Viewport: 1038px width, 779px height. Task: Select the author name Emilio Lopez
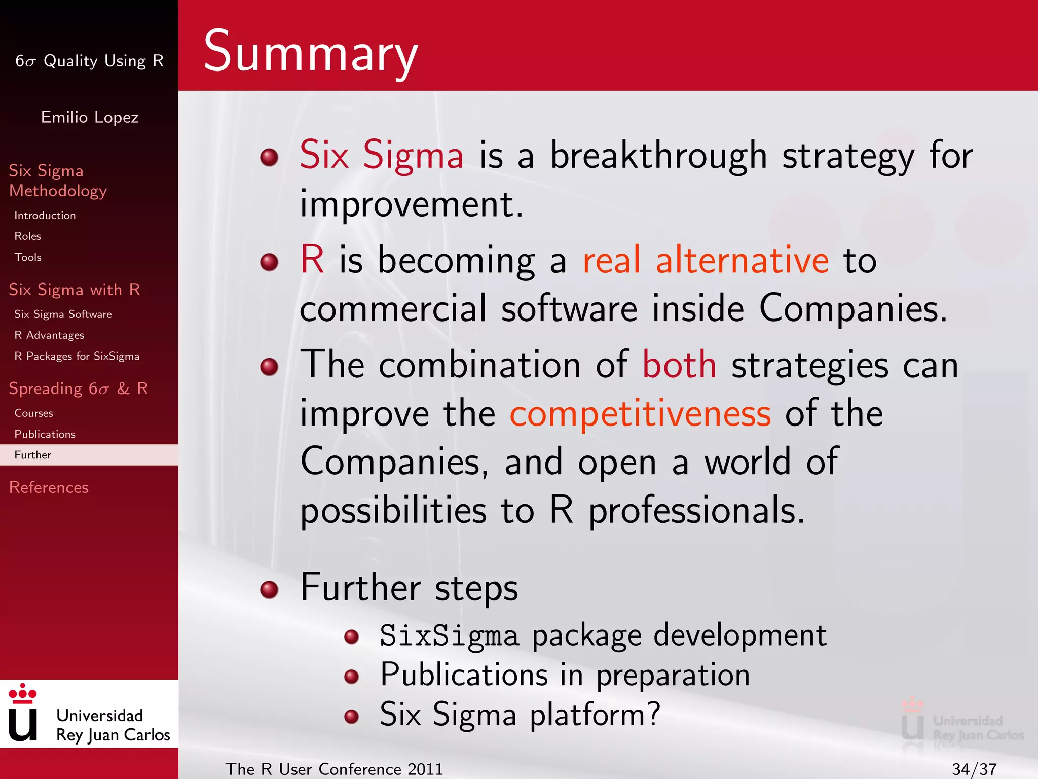pyautogui.click(x=90, y=117)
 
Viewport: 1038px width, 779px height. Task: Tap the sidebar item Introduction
pyautogui.click(x=45, y=216)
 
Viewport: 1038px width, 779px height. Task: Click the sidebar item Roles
pyautogui.click(x=28, y=236)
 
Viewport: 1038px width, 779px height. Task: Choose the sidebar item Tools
pyautogui.click(x=28, y=257)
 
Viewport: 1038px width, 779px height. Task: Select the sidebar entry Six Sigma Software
pyautogui.click(x=63, y=314)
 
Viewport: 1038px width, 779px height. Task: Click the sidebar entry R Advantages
pyautogui.click(x=49, y=335)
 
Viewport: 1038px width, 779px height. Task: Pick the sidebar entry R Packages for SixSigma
pyautogui.click(x=77, y=356)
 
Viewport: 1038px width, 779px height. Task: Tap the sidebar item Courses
pyautogui.click(x=33, y=413)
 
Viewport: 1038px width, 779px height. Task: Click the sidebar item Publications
pyautogui.click(x=45, y=434)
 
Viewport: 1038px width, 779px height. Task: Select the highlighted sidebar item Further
pyautogui.click(x=33, y=455)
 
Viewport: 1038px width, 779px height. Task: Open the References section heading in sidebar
pyautogui.click(x=49, y=487)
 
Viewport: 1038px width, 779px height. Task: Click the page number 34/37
pyautogui.click(x=974, y=769)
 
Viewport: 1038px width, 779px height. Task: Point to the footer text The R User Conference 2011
pyautogui.click(x=334, y=769)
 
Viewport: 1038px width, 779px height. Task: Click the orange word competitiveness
pyautogui.click(x=640, y=414)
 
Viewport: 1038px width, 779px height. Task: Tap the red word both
pyautogui.click(x=679, y=365)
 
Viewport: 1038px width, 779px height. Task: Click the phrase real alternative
pyautogui.click(x=706, y=260)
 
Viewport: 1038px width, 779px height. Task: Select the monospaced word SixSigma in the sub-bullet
pyautogui.click(x=450, y=636)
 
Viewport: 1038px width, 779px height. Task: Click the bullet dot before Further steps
pyautogui.click(x=269, y=590)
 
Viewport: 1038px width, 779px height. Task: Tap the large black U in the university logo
pyautogui.click(x=23, y=725)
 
